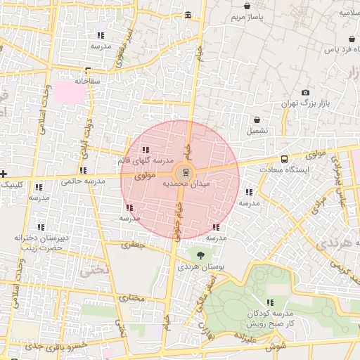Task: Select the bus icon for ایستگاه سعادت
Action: point(284,159)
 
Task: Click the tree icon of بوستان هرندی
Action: point(202,256)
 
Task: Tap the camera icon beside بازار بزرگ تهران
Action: point(305,93)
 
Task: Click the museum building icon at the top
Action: point(187,15)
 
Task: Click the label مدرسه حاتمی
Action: point(83,181)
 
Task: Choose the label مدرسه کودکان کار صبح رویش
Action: point(269,318)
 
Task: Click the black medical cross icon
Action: point(4,173)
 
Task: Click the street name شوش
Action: point(276,346)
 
